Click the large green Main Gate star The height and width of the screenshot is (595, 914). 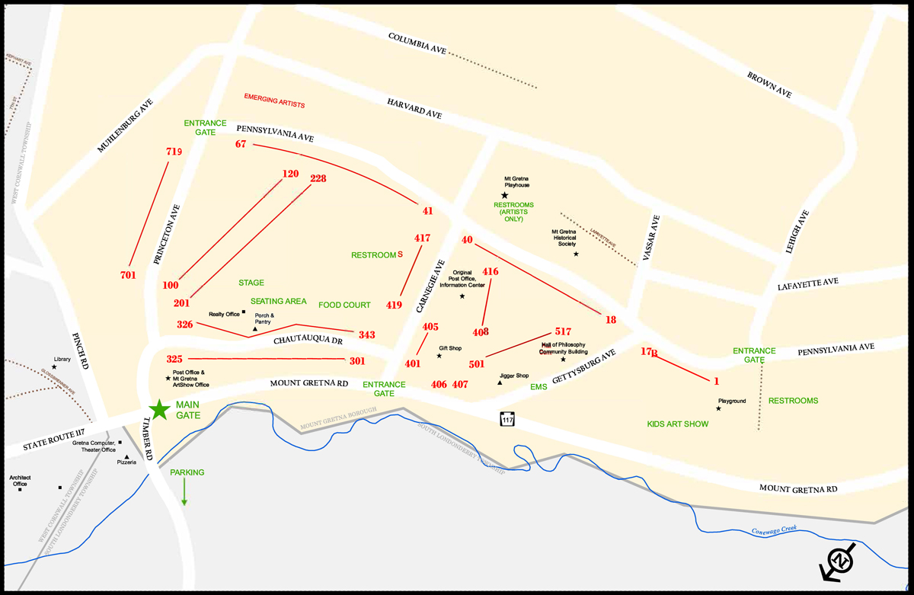tap(159, 410)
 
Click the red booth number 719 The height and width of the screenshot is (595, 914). tap(174, 152)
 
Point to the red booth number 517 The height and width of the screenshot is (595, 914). tap(563, 331)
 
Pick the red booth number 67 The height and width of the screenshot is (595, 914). tap(241, 144)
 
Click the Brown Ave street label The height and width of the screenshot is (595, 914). tap(769, 85)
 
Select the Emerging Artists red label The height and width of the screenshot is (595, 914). tap(274, 99)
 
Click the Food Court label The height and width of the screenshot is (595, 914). tap(344, 305)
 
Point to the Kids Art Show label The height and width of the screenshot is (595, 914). tap(677, 424)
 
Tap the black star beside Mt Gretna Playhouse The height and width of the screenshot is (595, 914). tap(504, 196)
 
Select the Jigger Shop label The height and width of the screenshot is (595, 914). tap(514, 376)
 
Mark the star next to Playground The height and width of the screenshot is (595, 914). tap(718, 409)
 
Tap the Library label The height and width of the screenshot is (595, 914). tap(62, 359)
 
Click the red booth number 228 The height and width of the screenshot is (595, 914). tap(318, 179)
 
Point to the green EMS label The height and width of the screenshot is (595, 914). tap(538, 387)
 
